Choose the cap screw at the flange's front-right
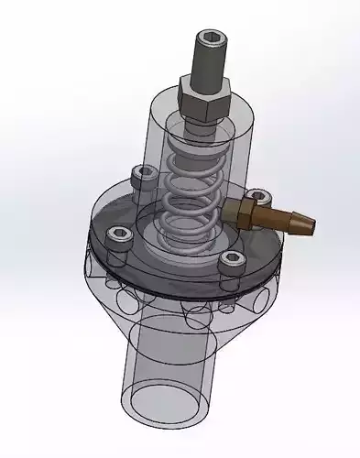click(231, 261)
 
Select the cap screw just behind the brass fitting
click(259, 195)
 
